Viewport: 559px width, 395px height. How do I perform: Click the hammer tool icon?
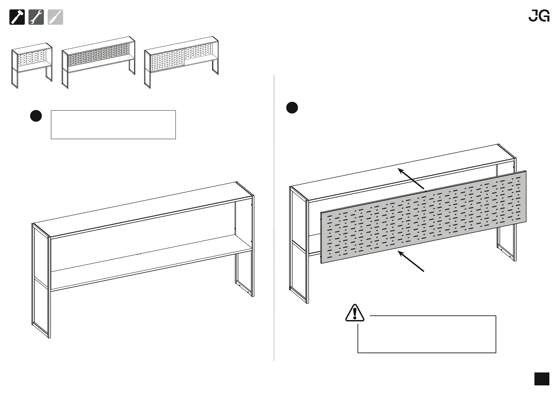(17, 17)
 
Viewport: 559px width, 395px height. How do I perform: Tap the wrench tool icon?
(36, 17)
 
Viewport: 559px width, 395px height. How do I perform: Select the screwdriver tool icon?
(55, 17)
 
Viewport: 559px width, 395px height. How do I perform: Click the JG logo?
(539, 16)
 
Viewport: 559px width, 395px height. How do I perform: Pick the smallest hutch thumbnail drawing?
(32, 65)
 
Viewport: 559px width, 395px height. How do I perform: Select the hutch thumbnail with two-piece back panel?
(182, 61)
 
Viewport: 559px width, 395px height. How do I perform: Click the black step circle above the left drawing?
(36, 116)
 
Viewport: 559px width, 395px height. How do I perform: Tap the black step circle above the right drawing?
(292, 108)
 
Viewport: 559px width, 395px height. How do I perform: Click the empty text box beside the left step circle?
(113, 125)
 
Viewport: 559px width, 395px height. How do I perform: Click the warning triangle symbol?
(355, 313)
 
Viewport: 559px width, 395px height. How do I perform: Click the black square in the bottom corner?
(542, 379)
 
